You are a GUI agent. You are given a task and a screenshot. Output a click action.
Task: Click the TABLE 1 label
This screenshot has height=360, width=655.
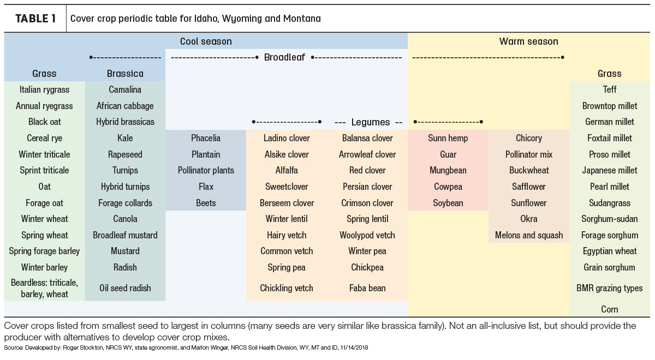pos(35,19)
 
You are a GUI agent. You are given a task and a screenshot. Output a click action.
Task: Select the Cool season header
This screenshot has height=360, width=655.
pos(206,41)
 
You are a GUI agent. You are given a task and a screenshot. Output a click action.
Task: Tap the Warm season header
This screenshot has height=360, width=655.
pos(528,41)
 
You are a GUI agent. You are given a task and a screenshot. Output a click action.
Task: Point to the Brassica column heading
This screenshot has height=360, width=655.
pos(125,73)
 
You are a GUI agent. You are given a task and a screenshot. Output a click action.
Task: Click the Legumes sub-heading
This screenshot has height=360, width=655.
pos(371,122)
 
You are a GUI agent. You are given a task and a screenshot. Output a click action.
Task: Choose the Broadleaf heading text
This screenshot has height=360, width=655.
pos(284,57)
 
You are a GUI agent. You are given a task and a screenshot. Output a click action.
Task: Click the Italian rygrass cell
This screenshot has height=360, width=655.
pos(44,89)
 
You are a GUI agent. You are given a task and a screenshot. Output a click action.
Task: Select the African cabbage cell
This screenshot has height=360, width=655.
pos(125,106)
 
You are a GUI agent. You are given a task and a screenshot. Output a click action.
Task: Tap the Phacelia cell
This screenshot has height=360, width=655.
pos(206,138)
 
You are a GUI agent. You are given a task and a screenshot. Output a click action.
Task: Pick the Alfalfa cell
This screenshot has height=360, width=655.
pos(287,170)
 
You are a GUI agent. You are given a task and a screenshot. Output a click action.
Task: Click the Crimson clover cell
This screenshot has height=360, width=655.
pos(367,203)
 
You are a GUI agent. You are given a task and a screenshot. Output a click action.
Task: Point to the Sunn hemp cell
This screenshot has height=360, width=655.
pos(448,138)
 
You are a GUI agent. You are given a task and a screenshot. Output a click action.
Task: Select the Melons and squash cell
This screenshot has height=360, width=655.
pos(529,235)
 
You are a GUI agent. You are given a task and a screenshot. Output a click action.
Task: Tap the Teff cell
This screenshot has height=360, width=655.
pos(609,89)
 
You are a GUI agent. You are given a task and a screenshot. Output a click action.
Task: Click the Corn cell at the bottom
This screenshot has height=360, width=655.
pos(609,309)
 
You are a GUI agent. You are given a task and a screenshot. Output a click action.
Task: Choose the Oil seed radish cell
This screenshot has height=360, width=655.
pos(125,288)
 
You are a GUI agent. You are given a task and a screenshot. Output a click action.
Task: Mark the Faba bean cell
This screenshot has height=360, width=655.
pos(367,288)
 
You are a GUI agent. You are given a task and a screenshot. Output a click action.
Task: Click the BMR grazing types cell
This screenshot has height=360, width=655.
pos(609,289)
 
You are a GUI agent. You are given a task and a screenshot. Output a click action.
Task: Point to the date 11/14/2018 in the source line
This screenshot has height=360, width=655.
pos(354,348)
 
